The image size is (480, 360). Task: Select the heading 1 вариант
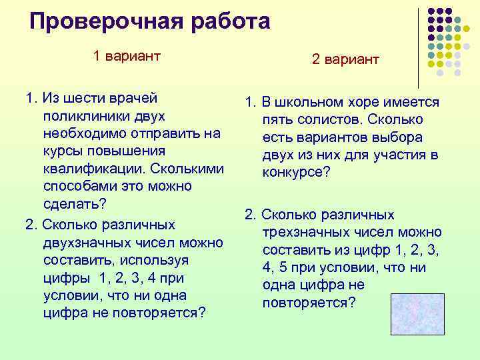click(x=127, y=56)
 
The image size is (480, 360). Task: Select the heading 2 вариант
click(x=345, y=60)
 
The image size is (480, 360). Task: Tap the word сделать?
click(x=75, y=203)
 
